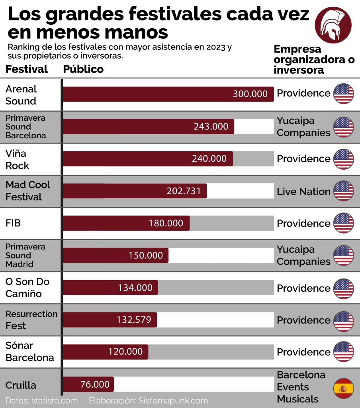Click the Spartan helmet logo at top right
tap(333, 25)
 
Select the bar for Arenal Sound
tap(168, 94)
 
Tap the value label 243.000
tap(211, 126)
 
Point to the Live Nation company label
tap(303, 192)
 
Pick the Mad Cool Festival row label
tap(28, 191)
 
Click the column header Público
tap(83, 69)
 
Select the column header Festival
tap(27, 69)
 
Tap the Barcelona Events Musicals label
tap(301, 387)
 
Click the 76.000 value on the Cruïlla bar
tap(95, 384)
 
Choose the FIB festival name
tap(13, 223)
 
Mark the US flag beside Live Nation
tap(343, 191)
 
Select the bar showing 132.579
tap(110, 320)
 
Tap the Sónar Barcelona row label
tap(29, 351)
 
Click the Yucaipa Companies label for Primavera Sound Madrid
tap(303, 255)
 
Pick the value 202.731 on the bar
tap(184, 191)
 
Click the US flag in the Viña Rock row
tap(343, 159)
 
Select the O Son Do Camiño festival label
tap(27, 288)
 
